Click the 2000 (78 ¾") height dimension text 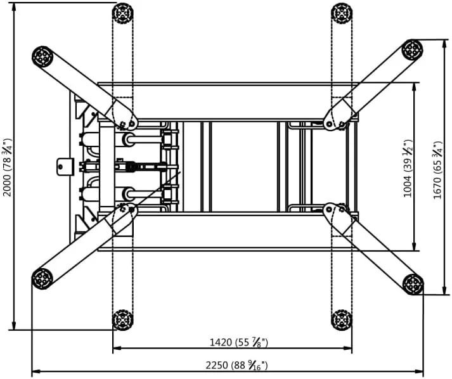(x=7, y=167)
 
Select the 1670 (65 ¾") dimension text (x=438, y=170)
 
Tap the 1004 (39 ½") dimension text (x=408, y=169)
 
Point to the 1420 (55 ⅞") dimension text (x=238, y=342)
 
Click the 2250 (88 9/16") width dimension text (x=236, y=365)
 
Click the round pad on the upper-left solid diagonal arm (x=42, y=56)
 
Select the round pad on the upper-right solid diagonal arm (x=412, y=49)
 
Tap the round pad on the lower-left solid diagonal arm (x=42, y=278)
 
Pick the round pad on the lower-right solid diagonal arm (x=413, y=284)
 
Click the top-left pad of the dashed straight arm (x=122, y=13)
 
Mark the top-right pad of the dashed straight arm (x=342, y=13)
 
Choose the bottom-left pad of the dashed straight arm (x=122, y=320)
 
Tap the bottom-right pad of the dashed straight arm (x=342, y=320)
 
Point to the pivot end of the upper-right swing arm (x=336, y=118)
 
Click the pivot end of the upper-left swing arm (x=126, y=119)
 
